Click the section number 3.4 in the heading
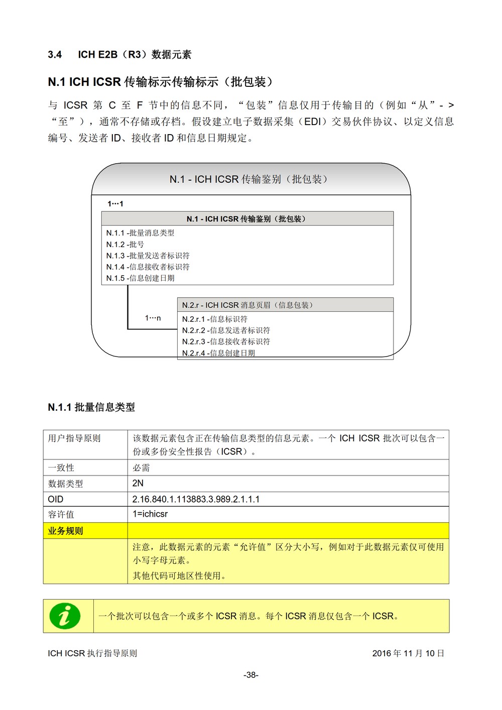[x=55, y=55]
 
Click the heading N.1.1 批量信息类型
[x=91, y=407]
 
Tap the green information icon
[x=65, y=616]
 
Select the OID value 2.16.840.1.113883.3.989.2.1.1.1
[x=196, y=499]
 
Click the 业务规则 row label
[x=65, y=531]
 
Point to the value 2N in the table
[x=138, y=483]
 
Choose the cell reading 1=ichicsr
[x=150, y=514]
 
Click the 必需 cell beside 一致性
[x=141, y=467]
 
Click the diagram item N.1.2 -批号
[x=125, y=245]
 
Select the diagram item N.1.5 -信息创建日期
[x=140, y=278]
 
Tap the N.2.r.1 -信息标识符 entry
[x=214, y=319]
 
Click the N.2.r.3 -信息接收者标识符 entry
[x=226, y=341]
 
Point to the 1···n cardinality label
[x=153, y=318]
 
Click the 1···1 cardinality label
[x=115, y=204]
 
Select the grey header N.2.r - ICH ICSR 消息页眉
[x=247, y=305]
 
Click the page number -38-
[x=251, y=675]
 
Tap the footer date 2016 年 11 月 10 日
[x=408, y=653]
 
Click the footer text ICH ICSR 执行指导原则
[x=92, y=653]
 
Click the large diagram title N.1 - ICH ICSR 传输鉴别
[x=249, y=179]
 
